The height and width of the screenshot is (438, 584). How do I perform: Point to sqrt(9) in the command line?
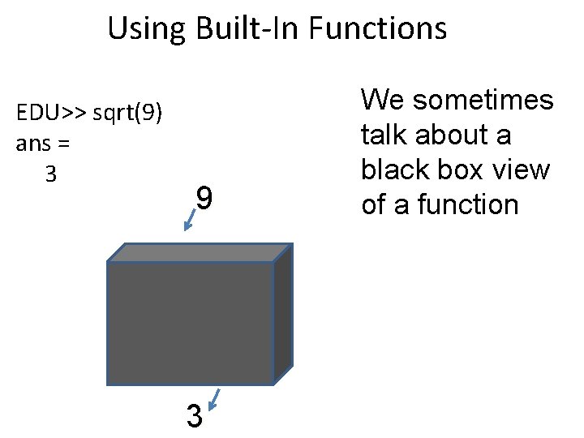[x=129, y=113]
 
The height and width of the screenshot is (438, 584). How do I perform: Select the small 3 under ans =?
[x=51, y=174]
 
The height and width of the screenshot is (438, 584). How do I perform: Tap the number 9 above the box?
[x=206, y=198]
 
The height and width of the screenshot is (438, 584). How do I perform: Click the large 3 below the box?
[x=194, y=417]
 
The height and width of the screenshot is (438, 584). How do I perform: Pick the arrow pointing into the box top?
[x=190, y=220]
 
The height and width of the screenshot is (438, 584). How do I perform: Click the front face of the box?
[x=190, y=322]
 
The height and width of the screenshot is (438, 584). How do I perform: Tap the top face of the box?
[x=199, y=251]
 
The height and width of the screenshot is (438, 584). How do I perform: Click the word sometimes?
[x=483, y=101]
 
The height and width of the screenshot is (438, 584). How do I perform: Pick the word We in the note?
[x=381, y=101]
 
